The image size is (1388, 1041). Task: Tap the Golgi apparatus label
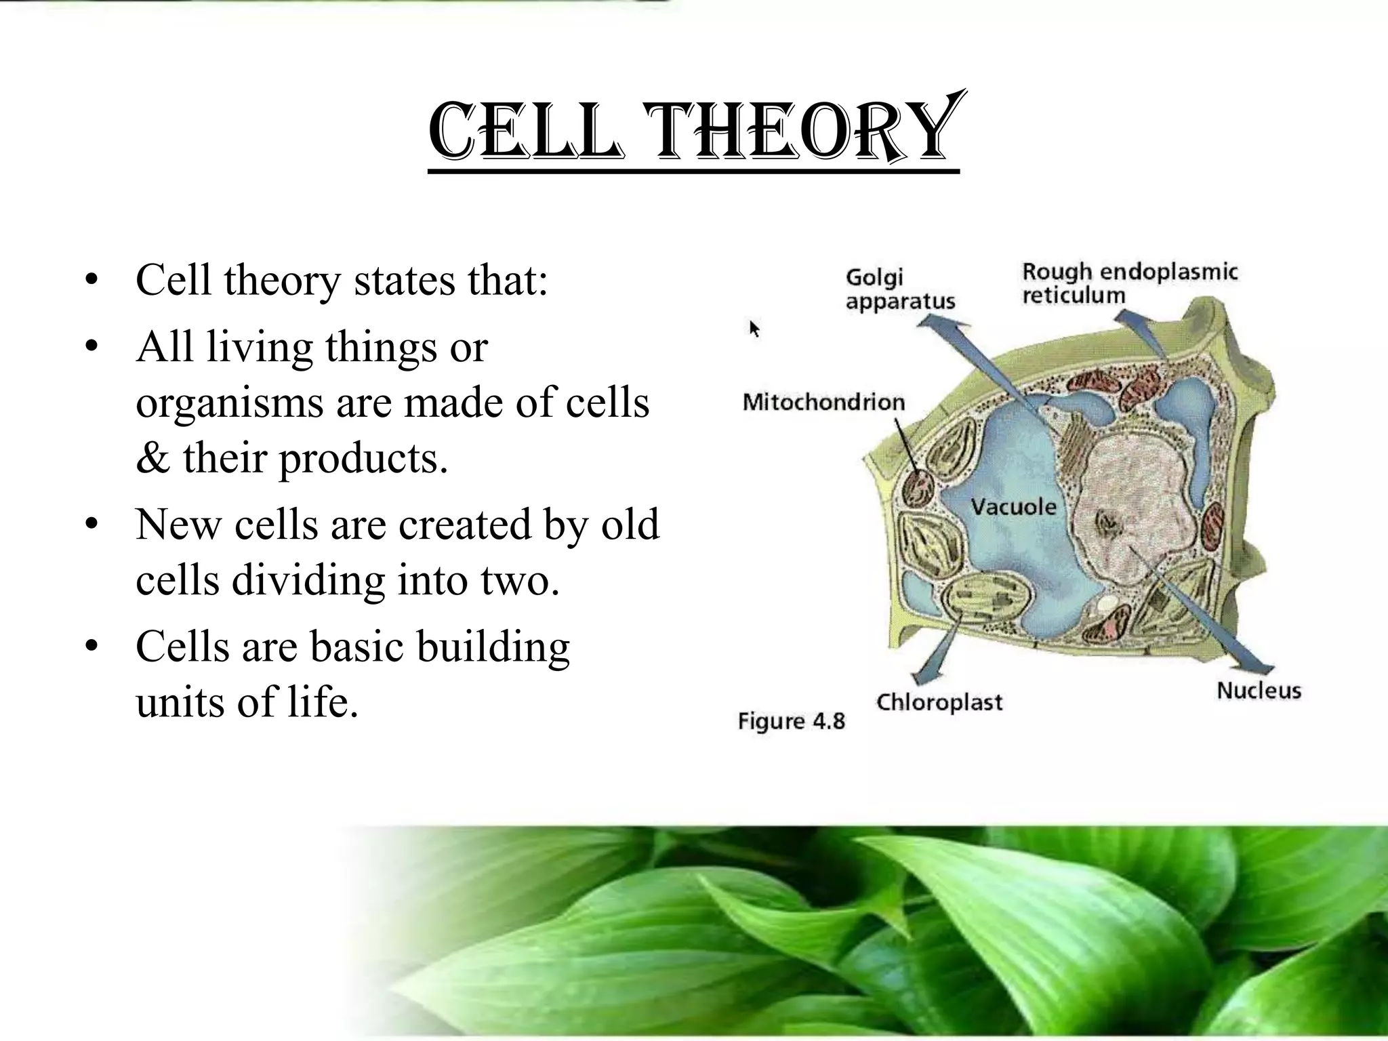pyautogui.click(x=899, y=289)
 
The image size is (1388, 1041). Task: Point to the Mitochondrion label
pyautogui.click(x=823, y=402)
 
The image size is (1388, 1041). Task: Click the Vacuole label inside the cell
pyautogui.click(x=1013, y=506)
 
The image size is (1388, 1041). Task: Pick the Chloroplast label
pyautogui.click(x=939, y=702)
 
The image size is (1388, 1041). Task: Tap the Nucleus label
pyautogui.click(x=1259, y=691)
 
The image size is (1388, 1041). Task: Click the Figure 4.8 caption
pyautogui.click(x=791, y=721)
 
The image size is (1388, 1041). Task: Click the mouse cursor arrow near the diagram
pyautogui.click(x=754, y=329)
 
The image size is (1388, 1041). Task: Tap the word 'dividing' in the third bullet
pyautogui.click(x=308, y=580)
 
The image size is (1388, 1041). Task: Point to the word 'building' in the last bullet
pyautogui.click(x=493, y=647)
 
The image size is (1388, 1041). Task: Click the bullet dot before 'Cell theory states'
pyautogui.click(x=92, y=281)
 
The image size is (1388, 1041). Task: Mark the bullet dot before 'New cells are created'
pyautogui.click(x=92, y=525)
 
